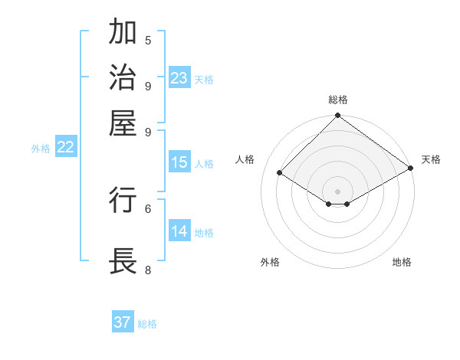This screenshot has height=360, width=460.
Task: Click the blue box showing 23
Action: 179,78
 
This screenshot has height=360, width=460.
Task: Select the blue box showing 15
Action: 179,162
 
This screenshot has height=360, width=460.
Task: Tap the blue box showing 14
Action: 179,231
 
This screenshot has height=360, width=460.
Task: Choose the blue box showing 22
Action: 65,148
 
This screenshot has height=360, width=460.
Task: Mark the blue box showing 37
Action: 123,322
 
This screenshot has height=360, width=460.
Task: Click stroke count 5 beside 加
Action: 148,40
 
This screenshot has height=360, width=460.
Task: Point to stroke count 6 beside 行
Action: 148,208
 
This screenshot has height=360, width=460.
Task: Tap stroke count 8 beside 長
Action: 148,270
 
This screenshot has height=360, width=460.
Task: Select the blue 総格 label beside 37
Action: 147,324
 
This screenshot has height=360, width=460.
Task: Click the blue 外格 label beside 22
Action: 40,149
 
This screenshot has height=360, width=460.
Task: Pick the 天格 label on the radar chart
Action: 431,159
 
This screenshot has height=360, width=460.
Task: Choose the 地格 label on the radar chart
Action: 402,262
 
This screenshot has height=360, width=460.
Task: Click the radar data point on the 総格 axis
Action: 337,116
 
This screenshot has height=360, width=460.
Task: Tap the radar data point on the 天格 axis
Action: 411,169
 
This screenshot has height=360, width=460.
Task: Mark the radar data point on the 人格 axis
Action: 280,173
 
